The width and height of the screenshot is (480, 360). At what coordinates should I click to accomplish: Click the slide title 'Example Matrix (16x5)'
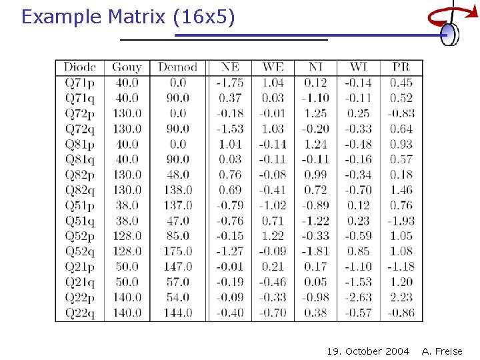128,17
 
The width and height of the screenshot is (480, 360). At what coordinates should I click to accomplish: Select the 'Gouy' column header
127,67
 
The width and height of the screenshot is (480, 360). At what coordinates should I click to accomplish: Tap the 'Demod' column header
177,67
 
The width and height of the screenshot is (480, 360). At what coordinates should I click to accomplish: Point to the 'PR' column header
401,67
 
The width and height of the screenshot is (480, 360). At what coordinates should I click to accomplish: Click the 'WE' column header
273,67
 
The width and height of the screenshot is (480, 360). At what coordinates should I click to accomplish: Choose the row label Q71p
80,83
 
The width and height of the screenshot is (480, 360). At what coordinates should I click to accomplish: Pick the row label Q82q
80,190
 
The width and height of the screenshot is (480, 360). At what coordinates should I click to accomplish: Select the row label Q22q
80,313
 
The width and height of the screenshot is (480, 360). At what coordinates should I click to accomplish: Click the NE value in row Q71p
230,83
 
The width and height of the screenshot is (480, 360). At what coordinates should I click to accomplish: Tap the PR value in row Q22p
401,297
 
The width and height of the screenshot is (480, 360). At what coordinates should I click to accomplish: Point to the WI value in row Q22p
358,297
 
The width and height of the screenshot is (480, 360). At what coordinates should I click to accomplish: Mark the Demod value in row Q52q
177,251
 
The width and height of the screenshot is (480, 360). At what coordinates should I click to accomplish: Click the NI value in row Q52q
315,251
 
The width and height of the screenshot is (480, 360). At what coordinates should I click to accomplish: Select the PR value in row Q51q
401,221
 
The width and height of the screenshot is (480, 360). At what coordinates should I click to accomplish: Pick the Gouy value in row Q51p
127,205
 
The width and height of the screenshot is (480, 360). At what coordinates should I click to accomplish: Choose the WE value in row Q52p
273,236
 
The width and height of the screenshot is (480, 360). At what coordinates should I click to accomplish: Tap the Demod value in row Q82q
177,190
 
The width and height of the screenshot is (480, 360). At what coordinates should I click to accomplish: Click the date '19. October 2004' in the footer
368,351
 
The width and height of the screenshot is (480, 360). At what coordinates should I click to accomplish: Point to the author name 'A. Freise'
442,351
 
